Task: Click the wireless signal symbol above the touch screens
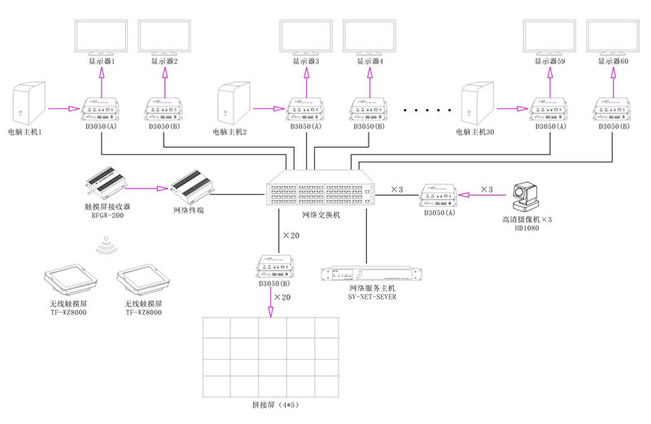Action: pyautogui.click(x=104, y=244)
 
